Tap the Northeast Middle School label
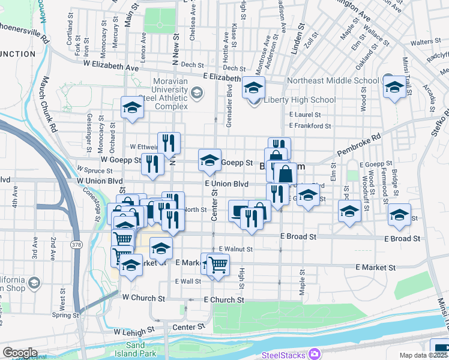click(x=333, y=80)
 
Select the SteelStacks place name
click(x=283, y=355)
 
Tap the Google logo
click(x=20, y=353)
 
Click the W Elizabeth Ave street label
click(x=111, y=62)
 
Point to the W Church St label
click(x=143, y=298)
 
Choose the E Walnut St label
click(x=235, y=248)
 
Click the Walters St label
click(x=426, y=41)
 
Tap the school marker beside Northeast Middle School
click(x=394, y=86)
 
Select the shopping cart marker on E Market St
click(x=218, y=263)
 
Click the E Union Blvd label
click(x=226, y=184)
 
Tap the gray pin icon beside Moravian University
click(x=196, y=93)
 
